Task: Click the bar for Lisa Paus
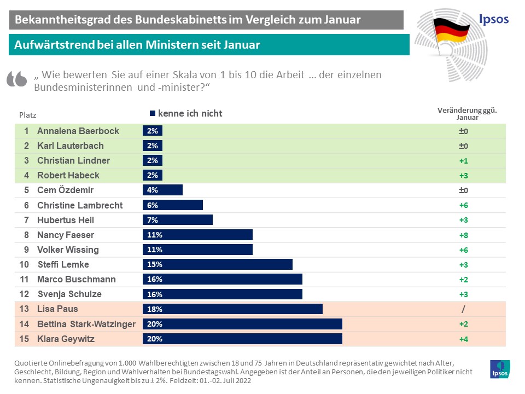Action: [232, 309]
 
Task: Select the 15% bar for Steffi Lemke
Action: [217, 265]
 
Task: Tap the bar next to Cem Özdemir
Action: [162, 190]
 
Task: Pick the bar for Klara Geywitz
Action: [242, 339]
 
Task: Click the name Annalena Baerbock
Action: [78, 131]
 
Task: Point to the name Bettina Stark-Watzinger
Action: [86, 324]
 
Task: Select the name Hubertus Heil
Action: [66, 220]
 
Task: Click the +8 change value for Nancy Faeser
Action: [463, 235]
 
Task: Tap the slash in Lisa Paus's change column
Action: [463, 309]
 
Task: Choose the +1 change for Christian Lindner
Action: [463, 161]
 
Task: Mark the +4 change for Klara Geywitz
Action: [463, 339]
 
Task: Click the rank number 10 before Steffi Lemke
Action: [24, 265]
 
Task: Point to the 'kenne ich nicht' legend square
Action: [153, 114]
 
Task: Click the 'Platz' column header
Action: [28, 115]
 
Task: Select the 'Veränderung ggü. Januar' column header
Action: [463, 113]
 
